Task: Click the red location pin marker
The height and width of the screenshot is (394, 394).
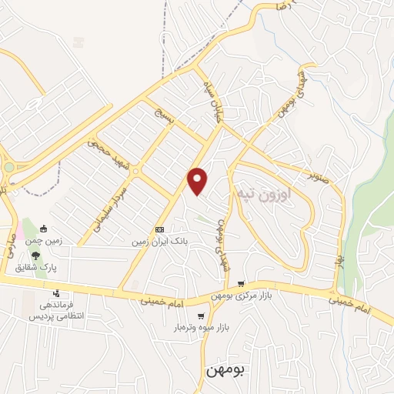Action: click(x=198, y=181)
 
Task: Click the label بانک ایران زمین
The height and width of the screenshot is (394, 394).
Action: click(x=159, y=241)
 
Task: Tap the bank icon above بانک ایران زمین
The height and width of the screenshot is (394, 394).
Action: click(x=159, y=229)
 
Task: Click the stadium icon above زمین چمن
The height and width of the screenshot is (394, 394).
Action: click(x=44, y=228)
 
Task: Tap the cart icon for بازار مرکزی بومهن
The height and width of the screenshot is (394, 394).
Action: click(x=242, y=284)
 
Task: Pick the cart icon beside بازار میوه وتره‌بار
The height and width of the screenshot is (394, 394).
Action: click(x=201, y=316)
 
